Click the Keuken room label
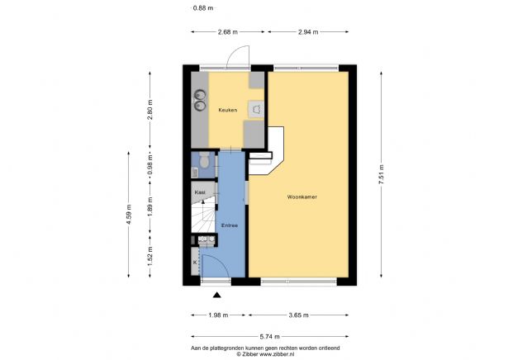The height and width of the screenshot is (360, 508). coord(227,110)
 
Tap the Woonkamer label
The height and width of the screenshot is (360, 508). coord(303,198)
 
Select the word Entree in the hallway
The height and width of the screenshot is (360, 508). coord(230,225)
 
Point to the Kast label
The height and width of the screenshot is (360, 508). coord(200,192)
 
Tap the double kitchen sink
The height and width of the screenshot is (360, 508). coord(199,101)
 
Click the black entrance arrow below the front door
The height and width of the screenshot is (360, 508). coord(217,295)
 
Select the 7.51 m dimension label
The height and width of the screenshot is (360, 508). coord(382,174)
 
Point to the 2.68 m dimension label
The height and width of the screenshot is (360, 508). coord(227,31)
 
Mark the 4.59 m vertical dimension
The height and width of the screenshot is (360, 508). coord(129,214)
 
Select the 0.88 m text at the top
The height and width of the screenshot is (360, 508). coord(202,8)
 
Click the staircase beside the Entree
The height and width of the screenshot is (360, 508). coord(202,218)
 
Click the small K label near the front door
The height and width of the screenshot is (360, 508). coord(195,262)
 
